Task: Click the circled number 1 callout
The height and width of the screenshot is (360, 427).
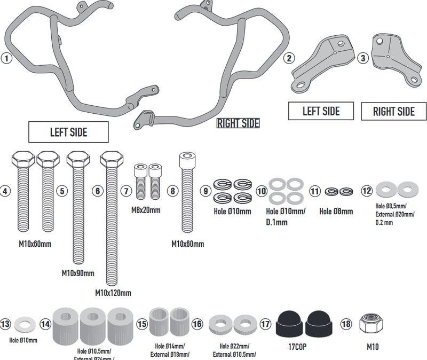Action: tap(6, 59)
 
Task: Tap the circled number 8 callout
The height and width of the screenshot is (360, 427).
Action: tap(171, 190)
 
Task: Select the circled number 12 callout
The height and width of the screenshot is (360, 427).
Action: tap(366, 190)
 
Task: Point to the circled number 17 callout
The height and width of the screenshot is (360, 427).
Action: tap(265, 324)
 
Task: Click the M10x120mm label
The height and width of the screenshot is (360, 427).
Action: tap(113, 292)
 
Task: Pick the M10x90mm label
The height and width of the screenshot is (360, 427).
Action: tap(78, 273)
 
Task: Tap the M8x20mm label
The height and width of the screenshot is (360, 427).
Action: tap(146, 210)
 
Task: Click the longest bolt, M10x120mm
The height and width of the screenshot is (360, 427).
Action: tap(110, 219)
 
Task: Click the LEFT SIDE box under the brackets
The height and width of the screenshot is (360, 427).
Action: tap(321, 111)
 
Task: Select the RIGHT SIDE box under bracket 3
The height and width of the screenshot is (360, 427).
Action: tap(394, 112)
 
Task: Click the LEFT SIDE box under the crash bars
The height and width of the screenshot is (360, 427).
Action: tap(68, 131)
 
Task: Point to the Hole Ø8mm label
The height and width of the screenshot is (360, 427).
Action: tap(336, 212)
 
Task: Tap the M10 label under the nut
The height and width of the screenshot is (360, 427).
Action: tap(373, 346)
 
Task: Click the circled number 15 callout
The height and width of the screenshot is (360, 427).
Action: tap(142, 324)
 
